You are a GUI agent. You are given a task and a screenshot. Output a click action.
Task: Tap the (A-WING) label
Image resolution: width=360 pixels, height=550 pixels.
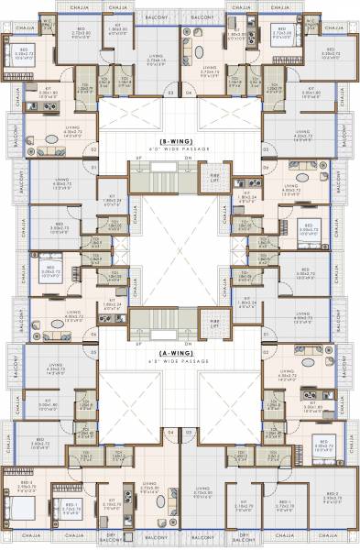180,351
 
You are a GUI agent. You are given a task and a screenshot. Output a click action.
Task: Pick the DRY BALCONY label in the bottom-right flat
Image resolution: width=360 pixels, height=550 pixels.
244,536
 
